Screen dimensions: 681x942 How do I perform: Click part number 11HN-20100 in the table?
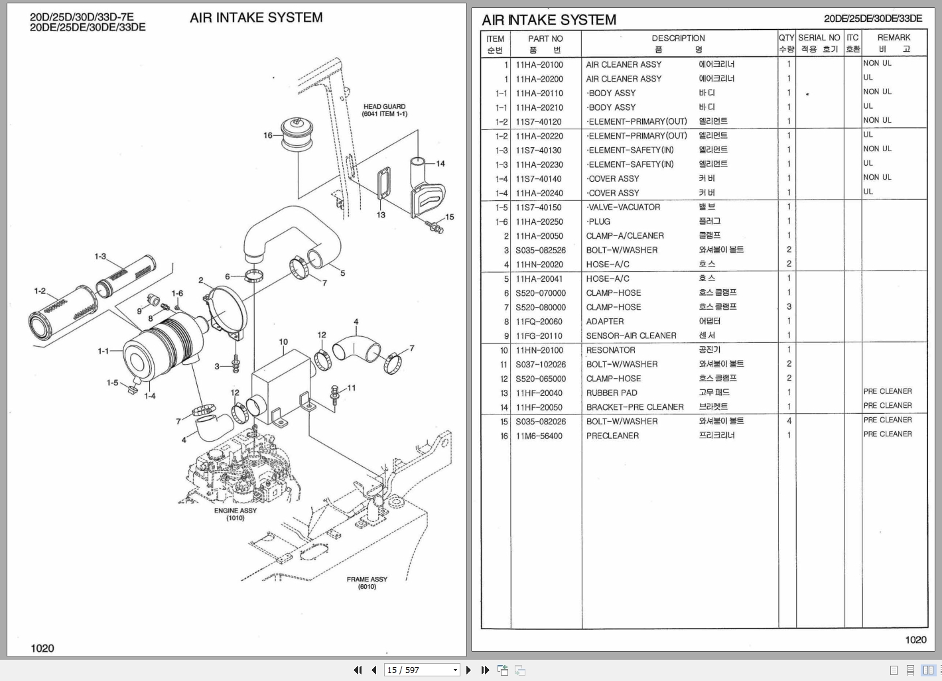click(x=539, y=350)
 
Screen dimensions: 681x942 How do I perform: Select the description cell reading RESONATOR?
click(x=610, y=350)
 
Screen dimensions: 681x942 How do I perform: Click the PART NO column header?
click(x=545, y=38)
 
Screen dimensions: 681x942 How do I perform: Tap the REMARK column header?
click(x=894, y=38)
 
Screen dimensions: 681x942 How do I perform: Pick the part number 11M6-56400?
click(x=539, y=436)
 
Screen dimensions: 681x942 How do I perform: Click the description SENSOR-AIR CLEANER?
click(x=631, y=336)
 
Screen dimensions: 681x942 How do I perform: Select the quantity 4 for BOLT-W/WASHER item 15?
click(x=789, y=421)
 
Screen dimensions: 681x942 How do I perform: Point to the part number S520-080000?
click(x=541, y=307)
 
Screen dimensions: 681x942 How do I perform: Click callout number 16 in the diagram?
click(x=268, y=135)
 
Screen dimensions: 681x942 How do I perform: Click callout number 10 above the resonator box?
click(x=283, y=342)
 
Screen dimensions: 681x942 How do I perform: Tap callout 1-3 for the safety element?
click(x=100, y=257)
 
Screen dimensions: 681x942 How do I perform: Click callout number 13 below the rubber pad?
click(x=381, y=215)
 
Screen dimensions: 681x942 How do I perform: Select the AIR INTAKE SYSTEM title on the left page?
click(x=256, y=18)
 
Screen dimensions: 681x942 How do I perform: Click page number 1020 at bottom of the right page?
click(x=915, y=640)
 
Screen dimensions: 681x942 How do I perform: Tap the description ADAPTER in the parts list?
click(x=605, y=322)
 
